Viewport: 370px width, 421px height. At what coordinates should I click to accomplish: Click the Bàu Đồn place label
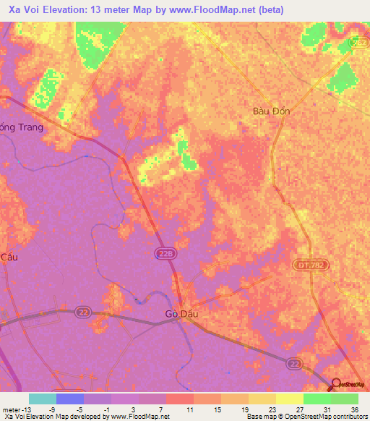[271, 111]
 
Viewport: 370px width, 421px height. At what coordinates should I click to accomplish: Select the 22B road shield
[164, 253]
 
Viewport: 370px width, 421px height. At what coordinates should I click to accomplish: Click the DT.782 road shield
[306, 267]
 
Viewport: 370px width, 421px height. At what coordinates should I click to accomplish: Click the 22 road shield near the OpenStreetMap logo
[293, 362]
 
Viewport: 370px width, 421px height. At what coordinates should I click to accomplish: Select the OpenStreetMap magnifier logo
[337, 383]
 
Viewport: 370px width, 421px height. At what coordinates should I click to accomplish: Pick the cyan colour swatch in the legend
[43, 399]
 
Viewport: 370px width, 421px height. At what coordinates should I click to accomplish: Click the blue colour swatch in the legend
[70, 399]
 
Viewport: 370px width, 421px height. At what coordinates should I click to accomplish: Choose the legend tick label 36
[354, 409]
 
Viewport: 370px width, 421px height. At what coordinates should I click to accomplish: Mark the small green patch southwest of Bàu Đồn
[188, 161]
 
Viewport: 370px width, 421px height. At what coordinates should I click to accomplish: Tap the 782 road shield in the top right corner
[358, 43]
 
